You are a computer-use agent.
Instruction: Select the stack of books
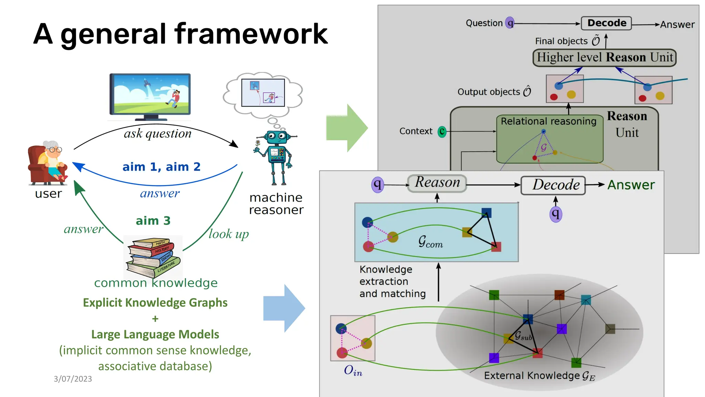click(x=153, y=257)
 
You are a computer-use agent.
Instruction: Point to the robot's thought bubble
click(x=263, y=93)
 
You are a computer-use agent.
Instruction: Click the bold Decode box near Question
click(x=606, y=23)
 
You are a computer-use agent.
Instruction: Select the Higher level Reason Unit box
click(x=604, y=58)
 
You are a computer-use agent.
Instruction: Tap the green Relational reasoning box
click(x=549, y=139)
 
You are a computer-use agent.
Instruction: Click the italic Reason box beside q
click(x=437, y=183)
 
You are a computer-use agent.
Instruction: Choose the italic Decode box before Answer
click(x=553, y=185)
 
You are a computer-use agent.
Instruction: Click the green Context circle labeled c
click(x=442, y=131)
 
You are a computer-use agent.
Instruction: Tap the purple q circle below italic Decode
click(x=555, y=214)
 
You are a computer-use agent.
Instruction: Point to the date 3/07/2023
click(x=73, y=379)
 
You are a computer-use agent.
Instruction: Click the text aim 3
click(x=153, y=221)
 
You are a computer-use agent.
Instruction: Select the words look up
click(x=229, y=234)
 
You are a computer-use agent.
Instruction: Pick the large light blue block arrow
click(x=284, y=308)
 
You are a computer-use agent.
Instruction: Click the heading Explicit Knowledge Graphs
click(x=155, y=303)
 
